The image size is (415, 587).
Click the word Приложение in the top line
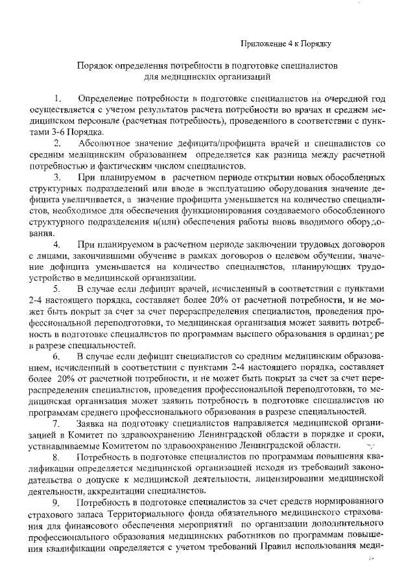tap(261, 44)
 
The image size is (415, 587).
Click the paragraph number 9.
tap(57, 503)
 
